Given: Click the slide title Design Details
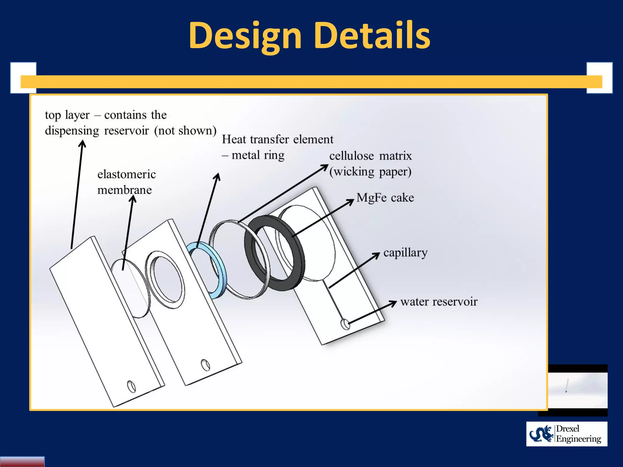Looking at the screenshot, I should [x=309, y=36].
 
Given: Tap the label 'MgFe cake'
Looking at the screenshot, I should [x=385, y=198].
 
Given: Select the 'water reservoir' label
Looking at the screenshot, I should [x=439, y=302].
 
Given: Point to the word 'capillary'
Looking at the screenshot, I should [x=405, y=253].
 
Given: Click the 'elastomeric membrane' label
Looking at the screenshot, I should [x=126, y=182].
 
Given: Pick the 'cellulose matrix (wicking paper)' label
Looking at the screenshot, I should [x=370, y=164].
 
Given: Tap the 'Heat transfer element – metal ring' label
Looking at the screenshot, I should [x=277, y=147].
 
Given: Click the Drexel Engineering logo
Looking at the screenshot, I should [x=566, y=434].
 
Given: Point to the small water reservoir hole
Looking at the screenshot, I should [x=345, y=324].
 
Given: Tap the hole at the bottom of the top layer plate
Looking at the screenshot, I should [x=131, y=386].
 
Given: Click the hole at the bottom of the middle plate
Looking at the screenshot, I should [x=205, y=365].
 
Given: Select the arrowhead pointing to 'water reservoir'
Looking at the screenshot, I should [x=393, y=303].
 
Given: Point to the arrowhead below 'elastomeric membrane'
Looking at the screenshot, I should [x=133, y=199].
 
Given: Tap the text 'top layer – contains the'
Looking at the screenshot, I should [x=106, y=115].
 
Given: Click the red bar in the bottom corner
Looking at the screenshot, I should [x=22, y=461].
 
